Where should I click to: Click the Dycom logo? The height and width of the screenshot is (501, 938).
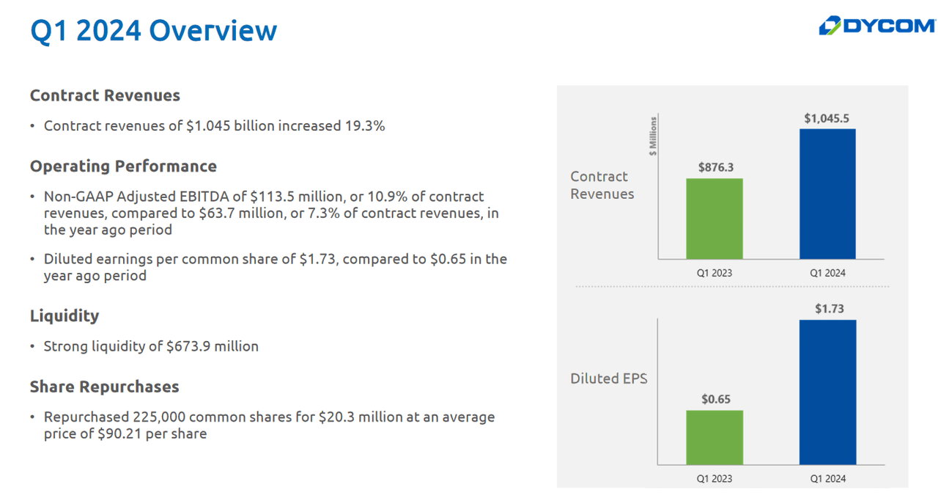pyautogui.click(x=876, y=26)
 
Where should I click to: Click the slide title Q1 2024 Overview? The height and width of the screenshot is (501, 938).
pyautogui.click(x=153, y=31)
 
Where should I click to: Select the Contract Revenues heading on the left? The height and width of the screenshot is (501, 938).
pyautogui.click(x=105, y=95)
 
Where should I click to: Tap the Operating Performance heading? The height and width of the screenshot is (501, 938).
pyautogui.click(x=123, y=166)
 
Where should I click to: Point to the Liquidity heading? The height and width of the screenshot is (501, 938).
pyautogui.click(x=64, y=315)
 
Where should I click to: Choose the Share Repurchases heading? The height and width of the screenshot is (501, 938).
pyautogui.click(x=104, y=386)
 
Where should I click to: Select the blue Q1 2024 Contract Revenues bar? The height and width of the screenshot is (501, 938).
pyautogui.click(x=827, y=194)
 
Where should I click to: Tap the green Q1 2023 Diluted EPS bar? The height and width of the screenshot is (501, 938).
pyautogui.click(x=714, y=437)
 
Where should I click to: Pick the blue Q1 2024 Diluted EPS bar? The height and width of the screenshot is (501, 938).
pyautogui.click(x=827, y=392)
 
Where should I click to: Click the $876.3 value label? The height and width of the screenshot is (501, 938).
pyautogui.click(x=715, y=167)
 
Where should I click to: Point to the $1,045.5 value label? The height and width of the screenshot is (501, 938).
pyautogui.click(x=827, y=118)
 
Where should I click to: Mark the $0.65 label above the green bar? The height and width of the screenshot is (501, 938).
pyautogui.click(x=715, y=400)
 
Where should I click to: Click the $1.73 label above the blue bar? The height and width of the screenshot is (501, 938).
pyautogui.click(x=829, y=309)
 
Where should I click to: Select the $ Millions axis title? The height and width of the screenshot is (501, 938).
pyautogui.click(x=652, y=136)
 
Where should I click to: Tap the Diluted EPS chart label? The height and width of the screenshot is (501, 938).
pyautogui.click(x=608, y=379)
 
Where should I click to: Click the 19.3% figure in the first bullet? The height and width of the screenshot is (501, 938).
pyautogui.click(x=364, y=125)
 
